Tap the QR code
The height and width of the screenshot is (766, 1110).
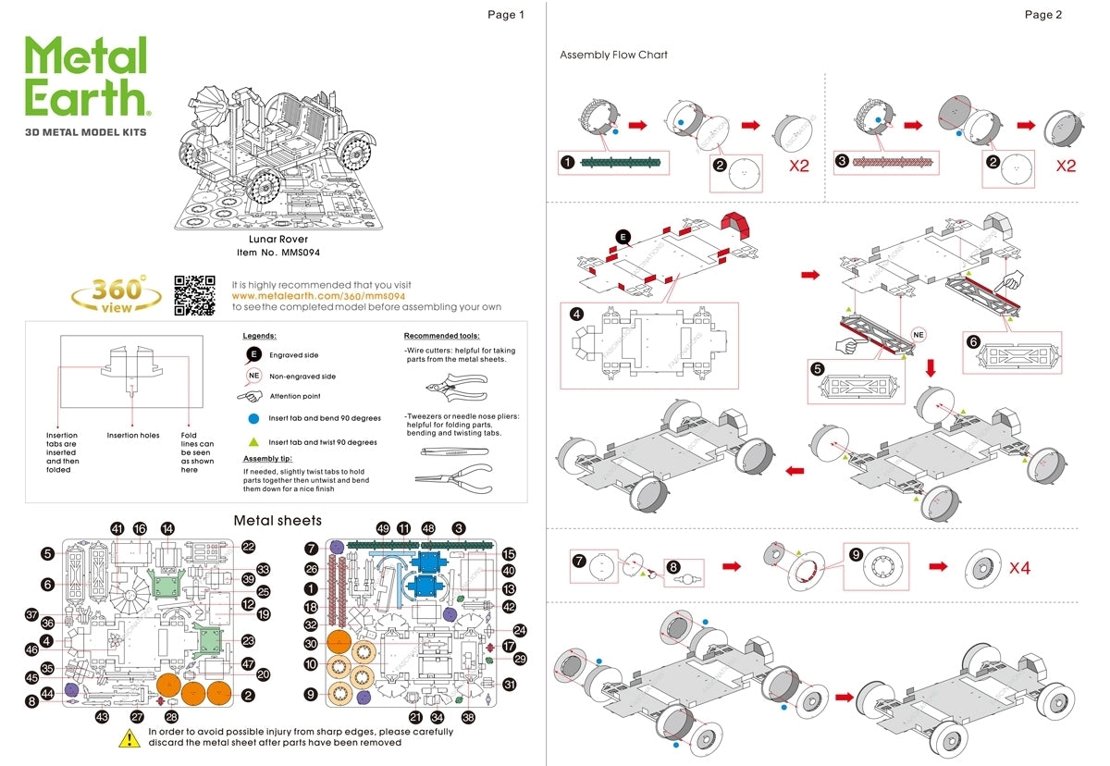(194, 295)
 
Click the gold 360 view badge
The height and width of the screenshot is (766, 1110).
(117, 295)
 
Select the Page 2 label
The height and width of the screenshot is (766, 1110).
(1042, 14)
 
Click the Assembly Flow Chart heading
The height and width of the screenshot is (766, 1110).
(613, 55)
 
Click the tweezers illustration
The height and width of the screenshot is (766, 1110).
(453, 451)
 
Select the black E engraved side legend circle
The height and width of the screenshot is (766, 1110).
(253, 354)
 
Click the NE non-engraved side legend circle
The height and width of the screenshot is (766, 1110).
(253, 377)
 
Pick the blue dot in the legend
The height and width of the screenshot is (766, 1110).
(253, 419)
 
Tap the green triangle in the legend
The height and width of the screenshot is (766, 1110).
(253, 442)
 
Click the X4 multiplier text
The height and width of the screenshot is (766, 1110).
(1018, 567)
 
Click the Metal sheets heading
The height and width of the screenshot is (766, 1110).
(277, 521)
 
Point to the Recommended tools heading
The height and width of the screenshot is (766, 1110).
(441, 335)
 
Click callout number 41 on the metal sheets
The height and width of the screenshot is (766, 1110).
(117, 528)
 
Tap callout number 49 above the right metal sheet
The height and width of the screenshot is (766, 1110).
(383, 528)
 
